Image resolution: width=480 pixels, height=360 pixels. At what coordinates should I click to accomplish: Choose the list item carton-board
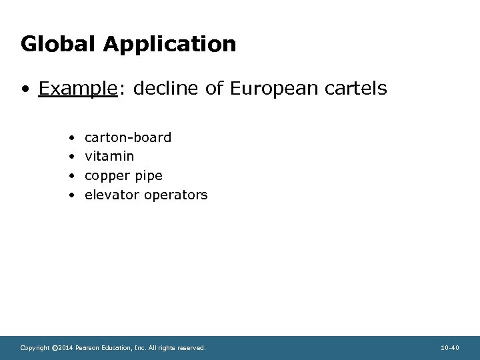[128, 137]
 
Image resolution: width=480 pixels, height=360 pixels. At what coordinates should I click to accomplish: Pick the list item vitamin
[109, 157]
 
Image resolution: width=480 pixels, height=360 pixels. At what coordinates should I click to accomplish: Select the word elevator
[111, 195]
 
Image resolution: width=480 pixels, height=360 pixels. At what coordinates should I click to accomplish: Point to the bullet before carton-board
[71, 138]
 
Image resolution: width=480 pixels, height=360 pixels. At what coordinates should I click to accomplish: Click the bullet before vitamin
[71, 157]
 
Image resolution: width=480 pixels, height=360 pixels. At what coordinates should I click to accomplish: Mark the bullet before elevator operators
[71, 195]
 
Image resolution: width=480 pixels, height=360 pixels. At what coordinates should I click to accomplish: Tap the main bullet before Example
[25, 89]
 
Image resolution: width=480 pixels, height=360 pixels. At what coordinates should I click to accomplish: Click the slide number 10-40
[450, 347]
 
